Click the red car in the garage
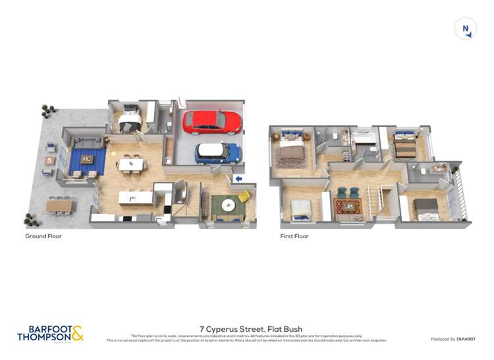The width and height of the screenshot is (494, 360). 212,122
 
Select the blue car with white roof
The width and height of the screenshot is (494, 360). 218,153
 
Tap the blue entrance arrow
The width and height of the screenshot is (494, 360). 238,178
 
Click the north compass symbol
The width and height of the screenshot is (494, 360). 466,28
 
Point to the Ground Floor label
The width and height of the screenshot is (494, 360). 43,236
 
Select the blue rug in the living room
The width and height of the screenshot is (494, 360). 86,161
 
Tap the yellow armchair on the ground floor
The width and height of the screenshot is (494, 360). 244,196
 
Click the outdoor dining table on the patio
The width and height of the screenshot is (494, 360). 59,206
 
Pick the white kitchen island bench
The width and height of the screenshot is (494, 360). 136,197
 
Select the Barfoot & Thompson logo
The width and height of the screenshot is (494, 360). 50,333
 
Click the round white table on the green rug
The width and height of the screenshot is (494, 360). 228,203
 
